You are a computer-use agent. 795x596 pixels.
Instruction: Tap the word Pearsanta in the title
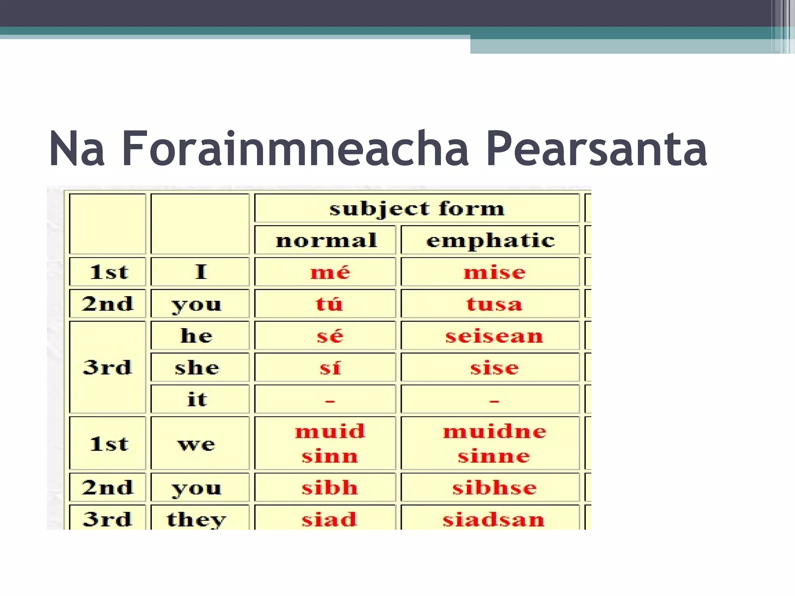[596, 149]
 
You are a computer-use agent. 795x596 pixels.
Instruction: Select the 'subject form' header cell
[417, 209]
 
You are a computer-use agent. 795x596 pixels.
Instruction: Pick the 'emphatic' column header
[490, 240]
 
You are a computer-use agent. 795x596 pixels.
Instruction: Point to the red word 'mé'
[330, 272]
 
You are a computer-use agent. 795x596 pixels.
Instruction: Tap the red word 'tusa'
[494, 304]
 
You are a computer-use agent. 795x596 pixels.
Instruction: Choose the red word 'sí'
[330, 367]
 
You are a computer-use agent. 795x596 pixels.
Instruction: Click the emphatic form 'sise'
[494, 367]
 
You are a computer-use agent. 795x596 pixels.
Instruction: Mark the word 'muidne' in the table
[494, 431]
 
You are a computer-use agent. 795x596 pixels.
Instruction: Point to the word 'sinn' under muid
[330, 456]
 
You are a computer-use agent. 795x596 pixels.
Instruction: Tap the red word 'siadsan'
[494, 519]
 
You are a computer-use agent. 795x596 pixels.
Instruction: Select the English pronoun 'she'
[197, 367]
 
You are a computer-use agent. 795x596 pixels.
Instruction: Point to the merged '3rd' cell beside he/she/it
[108, 367]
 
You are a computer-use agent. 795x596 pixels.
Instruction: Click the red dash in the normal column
[330, 400]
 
